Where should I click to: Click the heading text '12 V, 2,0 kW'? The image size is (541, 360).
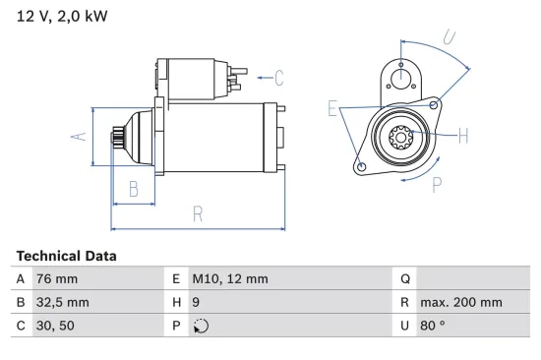point(62,17)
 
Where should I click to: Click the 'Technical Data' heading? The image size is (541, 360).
point(66,256)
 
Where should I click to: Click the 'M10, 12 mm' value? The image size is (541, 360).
point(229,279)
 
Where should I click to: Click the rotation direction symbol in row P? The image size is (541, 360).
point(201,327)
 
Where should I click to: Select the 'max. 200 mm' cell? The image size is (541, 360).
point(460,303)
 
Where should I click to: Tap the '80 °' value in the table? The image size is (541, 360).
point(434,327)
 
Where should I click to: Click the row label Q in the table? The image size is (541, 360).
point(404,279)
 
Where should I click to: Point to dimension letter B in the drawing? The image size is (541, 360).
point(134,189)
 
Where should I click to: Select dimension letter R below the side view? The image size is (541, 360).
point(198,213)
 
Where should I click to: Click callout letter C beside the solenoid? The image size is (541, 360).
point(278,77)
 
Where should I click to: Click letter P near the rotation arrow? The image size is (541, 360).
point(436,182)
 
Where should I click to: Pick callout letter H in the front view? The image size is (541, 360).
point(463,136)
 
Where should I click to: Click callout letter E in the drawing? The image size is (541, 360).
point(332,108)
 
